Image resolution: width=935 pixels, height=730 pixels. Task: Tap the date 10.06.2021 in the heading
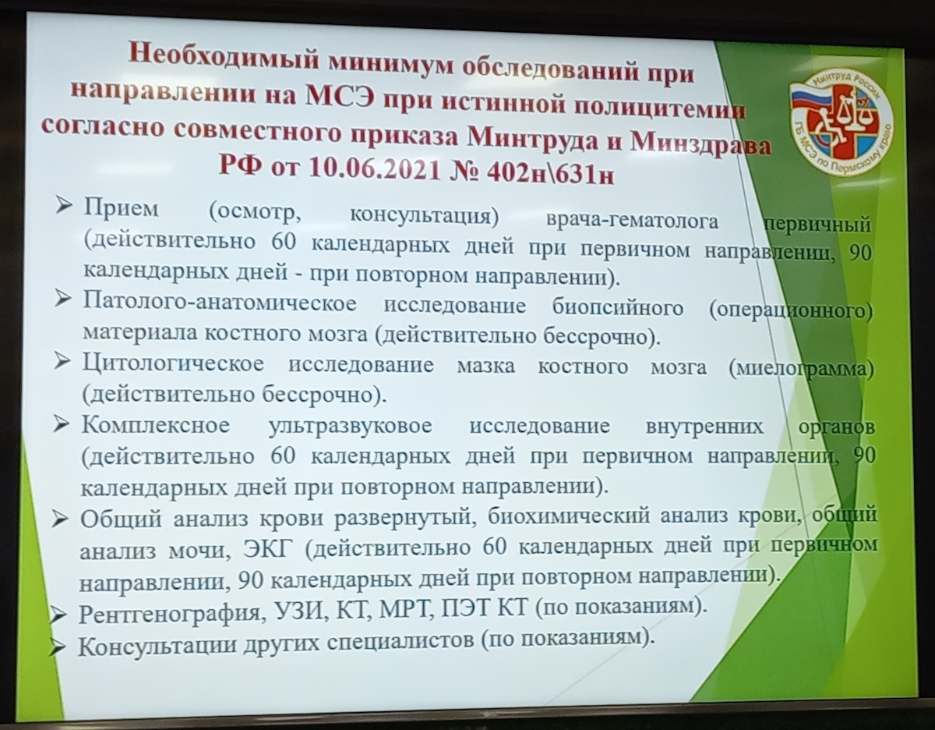pyautogui.click(x=374, y=168)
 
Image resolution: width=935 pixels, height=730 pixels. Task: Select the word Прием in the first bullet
pyautogui.click(x=122, y=209)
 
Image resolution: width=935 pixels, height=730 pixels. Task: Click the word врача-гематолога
pyautogui.click(x=633, y=221)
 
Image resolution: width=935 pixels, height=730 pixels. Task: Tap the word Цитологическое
pyautogui.click(x=174, y=363)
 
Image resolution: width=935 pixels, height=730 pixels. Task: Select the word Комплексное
pyautogui.click(x=156, y=426)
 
